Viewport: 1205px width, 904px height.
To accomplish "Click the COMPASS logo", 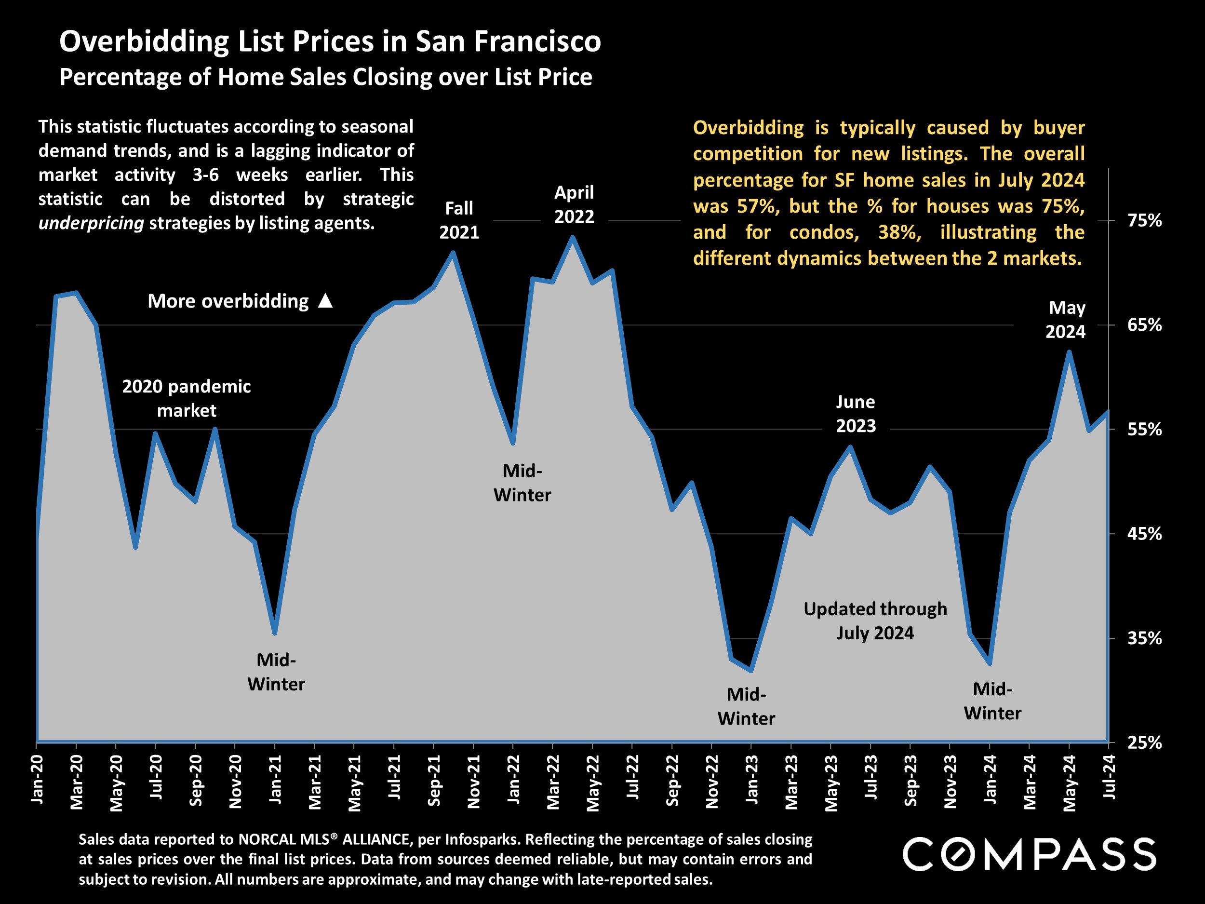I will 1029,854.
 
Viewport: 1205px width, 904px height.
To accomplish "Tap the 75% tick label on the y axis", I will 1145,221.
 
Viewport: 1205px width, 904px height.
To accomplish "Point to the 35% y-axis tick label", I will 1145,638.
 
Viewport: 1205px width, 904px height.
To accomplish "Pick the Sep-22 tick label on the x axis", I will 673,780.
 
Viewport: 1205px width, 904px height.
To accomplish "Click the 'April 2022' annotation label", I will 574,204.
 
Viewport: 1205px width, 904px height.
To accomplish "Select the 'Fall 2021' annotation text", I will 459,220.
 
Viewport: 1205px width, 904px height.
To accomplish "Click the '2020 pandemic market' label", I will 187,398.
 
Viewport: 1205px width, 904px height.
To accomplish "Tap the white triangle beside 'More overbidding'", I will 325,301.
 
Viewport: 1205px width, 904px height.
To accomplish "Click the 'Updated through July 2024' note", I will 875,621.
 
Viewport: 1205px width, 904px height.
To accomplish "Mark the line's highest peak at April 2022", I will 573,237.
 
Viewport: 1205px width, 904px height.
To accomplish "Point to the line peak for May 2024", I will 1069,352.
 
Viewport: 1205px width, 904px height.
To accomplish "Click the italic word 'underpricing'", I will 91,223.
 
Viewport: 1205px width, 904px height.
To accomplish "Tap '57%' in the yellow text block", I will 759,206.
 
